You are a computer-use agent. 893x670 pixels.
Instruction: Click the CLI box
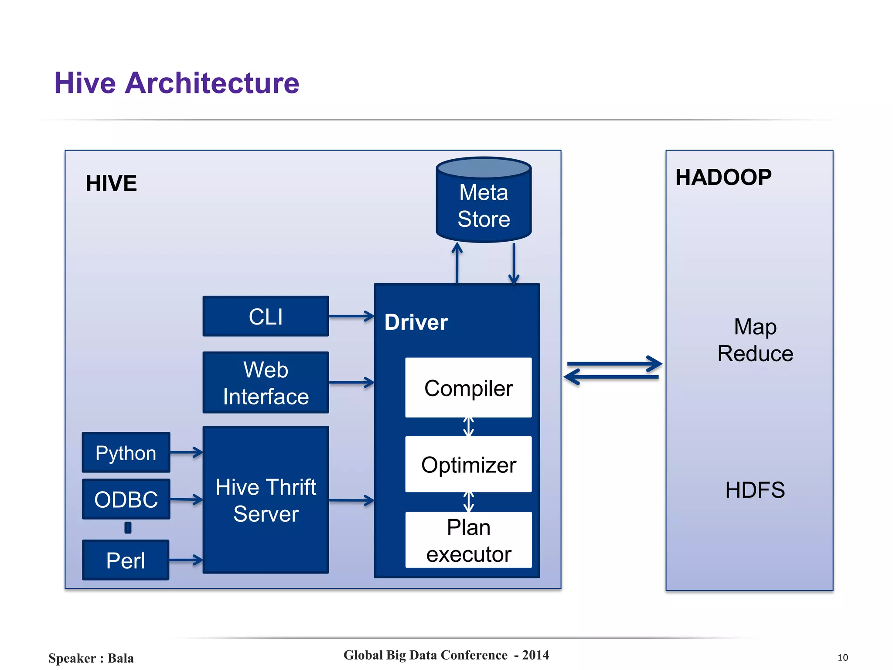266,316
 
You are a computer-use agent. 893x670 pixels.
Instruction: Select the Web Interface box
266,383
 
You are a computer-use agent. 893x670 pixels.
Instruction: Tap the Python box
126,452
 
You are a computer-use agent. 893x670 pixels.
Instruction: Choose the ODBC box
126,499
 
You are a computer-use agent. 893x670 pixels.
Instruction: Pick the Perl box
126,560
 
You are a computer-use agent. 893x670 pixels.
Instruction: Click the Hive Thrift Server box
266,500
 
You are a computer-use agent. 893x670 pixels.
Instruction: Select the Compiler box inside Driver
468,388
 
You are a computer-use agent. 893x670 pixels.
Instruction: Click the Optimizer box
468,465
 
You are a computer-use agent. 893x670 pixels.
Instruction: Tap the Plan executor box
468,540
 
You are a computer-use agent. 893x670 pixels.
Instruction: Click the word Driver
416,322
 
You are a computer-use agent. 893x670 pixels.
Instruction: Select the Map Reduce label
755,340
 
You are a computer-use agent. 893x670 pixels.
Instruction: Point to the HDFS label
755,490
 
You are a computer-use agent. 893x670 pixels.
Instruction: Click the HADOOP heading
723,178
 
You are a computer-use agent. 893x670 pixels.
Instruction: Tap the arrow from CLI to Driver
351,316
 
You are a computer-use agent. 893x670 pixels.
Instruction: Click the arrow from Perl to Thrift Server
186,560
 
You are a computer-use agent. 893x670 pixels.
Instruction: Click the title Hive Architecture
177,83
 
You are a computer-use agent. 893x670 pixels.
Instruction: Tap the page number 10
842,657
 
